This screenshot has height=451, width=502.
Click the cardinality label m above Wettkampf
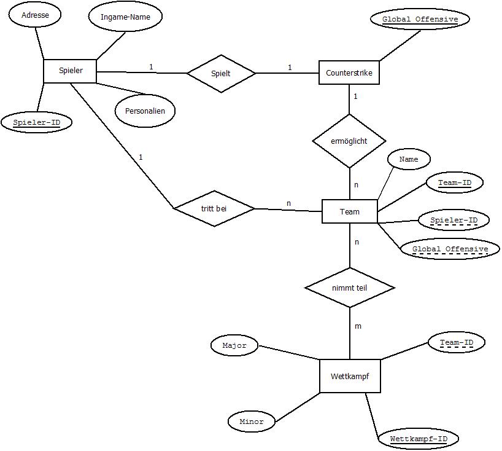pos(358,326)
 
